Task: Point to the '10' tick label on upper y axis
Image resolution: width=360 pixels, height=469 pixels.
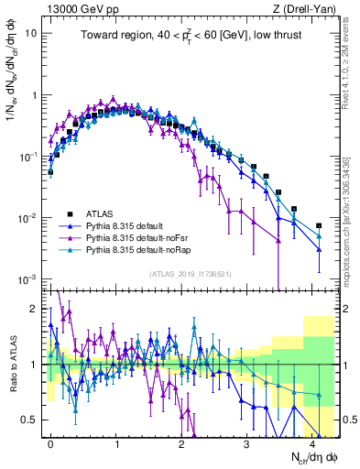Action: click(x=30, y=33)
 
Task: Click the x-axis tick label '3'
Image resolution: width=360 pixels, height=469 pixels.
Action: click(x=246, y=442)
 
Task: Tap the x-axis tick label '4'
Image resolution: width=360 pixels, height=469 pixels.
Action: click(x=312, y=442)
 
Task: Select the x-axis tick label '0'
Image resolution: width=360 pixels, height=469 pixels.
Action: click(x=50, y=442)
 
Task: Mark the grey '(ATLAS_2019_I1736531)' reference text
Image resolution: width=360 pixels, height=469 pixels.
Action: click(x=184, y=274)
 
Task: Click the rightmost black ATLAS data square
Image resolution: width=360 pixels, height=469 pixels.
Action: click(x=319, y=225)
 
